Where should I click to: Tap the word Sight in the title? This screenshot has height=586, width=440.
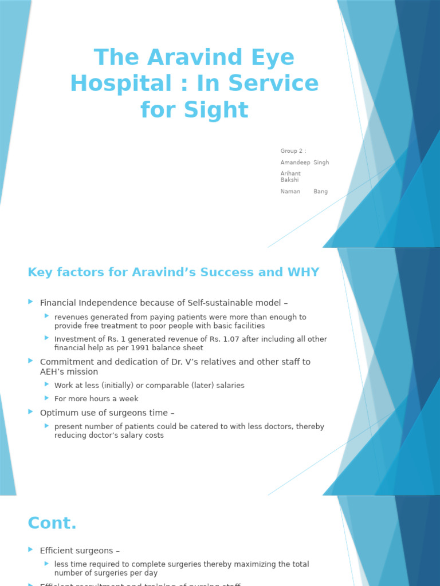pyautogui.click(x=220, y=109)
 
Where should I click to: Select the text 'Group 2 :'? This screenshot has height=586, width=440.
pyautogui.click(x=293, y=151)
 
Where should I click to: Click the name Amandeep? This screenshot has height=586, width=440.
pyautogui.click(x=294, y=163)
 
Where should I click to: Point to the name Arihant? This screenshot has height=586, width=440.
pyautogui.click(x=290, y=173)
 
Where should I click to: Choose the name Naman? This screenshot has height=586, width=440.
pyautogui.click(x=290, y=192)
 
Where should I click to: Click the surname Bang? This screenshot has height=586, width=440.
pyautogui.click(x=321, y=192)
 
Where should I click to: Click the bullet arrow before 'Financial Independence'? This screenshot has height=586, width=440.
pyautogui.click(x=30, y=302)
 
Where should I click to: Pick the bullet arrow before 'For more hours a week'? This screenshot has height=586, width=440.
pyautogui.click(x=47, y=398)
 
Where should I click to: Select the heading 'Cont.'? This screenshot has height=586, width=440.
pyautogui.click(x=52, y=523)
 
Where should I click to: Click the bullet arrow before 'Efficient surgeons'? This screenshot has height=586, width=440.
pyautogui.click(x=30, y=549)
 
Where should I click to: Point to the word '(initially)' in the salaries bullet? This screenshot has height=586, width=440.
pyautogui.click(x=112, y=386)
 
